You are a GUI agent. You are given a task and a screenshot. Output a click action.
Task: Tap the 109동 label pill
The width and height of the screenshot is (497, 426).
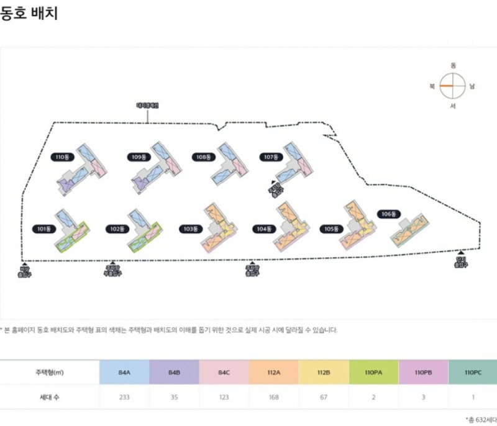pyautogui.click(x=138, y=157)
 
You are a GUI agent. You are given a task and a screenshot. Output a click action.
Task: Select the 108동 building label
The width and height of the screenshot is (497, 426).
pyautogui.click(x=201, y=157)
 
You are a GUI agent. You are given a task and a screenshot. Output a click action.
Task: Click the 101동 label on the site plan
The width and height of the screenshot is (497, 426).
pyautogui.click(x=44, y=229)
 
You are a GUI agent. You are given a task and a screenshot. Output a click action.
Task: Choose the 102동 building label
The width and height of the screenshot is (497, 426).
pyautogui.click(x=116, y=229)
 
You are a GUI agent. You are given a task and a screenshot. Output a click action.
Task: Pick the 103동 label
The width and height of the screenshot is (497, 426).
pyautogui.click(x=190, y=229)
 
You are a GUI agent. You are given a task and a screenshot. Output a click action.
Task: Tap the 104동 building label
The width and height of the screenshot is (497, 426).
pyautogui.click(x=264, y=229)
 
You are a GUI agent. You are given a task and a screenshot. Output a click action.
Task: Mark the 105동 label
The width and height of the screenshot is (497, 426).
pyautogui.click(x=331, y=229)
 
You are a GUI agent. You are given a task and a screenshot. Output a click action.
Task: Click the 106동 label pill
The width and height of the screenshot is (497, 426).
pyautogui.click(x=388, y=214)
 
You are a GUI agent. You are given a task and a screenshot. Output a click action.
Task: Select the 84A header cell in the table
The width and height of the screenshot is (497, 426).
pyautogui.click(x=124, y=372)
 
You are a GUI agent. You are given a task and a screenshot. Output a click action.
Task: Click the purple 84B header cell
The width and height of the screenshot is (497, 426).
pyautogui.click(x=174, y=372)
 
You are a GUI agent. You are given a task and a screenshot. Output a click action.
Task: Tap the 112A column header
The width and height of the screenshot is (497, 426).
pyautogui.click(x=273, y=372)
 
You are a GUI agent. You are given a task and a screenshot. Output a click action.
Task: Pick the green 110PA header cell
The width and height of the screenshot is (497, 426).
pyautogui.click(x=373, y=372)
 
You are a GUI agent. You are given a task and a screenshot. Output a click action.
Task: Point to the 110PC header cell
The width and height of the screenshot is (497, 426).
pyautogui.click(x=472, y=372)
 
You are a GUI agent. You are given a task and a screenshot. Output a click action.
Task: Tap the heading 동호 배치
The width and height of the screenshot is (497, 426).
pyautogui.click(x=29, y=13)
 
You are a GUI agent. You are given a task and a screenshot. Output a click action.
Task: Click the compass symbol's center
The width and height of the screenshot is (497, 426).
pyautogui.click(x=453, y=86)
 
